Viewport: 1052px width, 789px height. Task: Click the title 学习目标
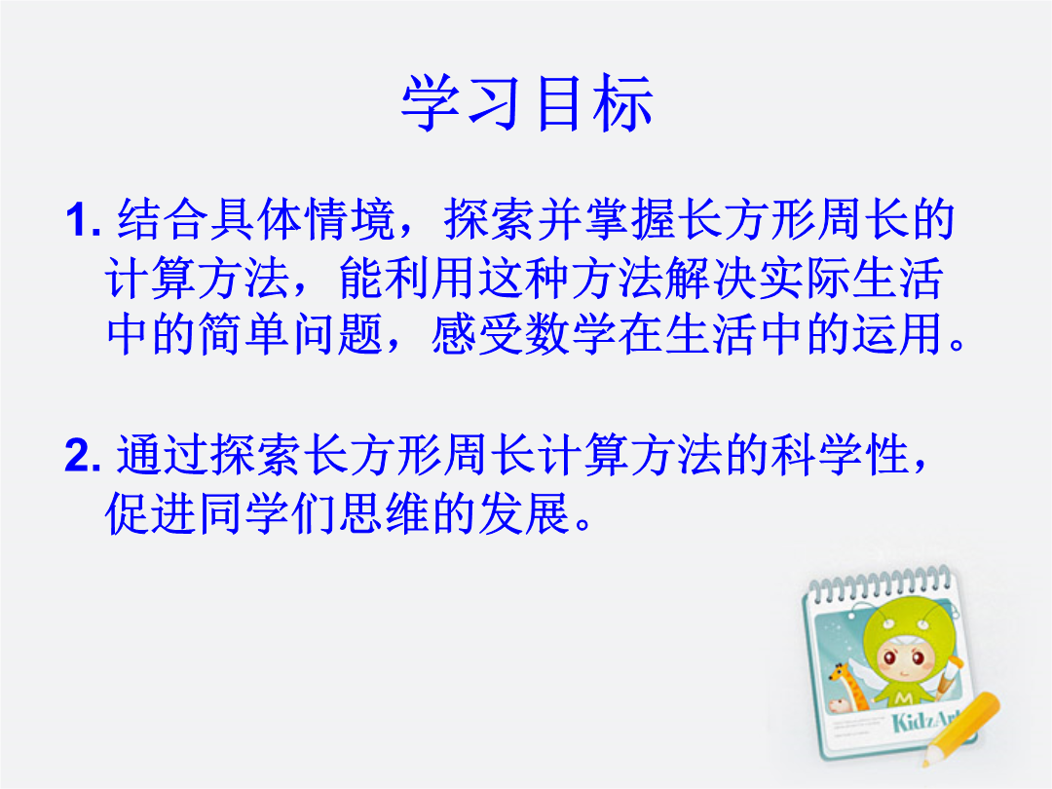click(x=527, y=103)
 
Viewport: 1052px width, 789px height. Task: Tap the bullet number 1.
click(x=83, y=219)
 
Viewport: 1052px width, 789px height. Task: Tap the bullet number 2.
click(x=83, y=455)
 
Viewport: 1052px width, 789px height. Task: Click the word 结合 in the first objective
click(x=163, y=219)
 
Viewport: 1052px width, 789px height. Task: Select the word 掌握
click(x=630, y=219)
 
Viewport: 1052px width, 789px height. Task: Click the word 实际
click(x=804, y=278)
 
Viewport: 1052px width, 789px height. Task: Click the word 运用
click(x=897, y=334)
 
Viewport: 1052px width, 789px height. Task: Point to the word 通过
click(x=163, y=455)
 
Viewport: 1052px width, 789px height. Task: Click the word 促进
click(x=151, y=514)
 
